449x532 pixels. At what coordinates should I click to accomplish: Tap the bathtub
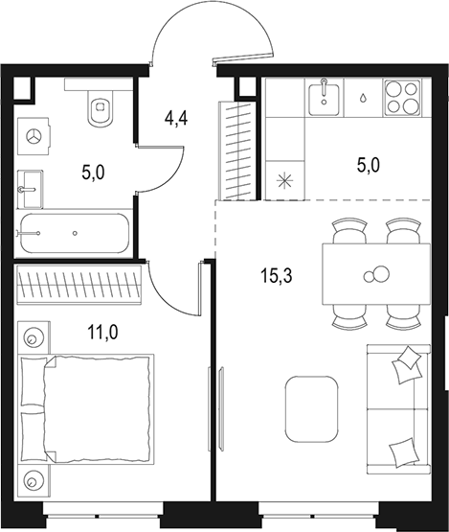coord(74,234)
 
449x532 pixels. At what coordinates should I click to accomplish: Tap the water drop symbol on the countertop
coord(365,98)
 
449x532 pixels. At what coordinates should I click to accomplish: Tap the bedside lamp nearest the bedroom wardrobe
coord(34,337)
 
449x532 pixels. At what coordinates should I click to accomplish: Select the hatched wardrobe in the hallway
coord(234,149)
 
